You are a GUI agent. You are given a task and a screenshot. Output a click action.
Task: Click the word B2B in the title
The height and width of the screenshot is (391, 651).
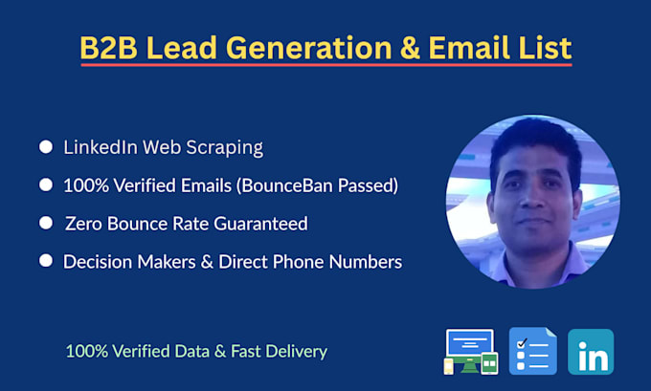tap(108, 47)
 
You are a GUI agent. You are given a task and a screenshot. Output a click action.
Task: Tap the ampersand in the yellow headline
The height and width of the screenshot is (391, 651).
tap(410, 47)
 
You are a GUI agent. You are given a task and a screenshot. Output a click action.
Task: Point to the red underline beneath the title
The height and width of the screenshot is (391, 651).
tap(326, 65)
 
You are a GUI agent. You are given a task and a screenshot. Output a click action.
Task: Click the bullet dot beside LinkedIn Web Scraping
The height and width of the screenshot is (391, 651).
tap(46, 147)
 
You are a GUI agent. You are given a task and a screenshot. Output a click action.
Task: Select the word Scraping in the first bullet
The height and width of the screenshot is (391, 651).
tap(224, 148)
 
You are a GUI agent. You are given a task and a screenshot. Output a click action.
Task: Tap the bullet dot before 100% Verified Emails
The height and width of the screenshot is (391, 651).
tap(46, 185)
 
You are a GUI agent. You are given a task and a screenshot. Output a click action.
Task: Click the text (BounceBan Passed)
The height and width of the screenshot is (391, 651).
tap(317, 185)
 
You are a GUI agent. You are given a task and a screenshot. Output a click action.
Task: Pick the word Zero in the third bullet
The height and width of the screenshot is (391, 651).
tap(84, 224)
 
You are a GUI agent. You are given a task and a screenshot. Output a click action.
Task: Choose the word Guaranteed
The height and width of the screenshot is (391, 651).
tap(260, 224)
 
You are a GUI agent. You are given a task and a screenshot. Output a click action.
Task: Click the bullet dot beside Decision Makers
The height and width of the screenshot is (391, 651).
tap(46, 261)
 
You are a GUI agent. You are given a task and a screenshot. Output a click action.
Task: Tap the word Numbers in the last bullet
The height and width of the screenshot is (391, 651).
tap(366, 262)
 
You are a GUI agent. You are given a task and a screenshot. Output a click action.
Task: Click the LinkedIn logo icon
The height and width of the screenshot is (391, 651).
tap(591, 352)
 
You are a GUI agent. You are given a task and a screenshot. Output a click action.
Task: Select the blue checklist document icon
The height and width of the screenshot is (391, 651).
tap(533, 351)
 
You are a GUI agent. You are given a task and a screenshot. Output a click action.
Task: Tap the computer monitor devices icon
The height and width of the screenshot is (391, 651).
tap(471, 352)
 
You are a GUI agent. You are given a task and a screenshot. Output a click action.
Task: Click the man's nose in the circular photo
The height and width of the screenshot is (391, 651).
tap(532, 198)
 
